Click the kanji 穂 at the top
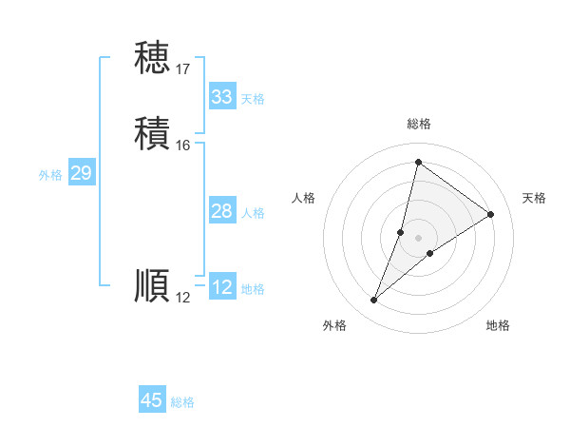[152, 58]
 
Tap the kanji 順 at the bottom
[152, 286]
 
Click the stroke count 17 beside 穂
[183, 69]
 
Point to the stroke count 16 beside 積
[183, 146]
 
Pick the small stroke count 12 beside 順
[183, 298]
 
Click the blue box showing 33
[221, 97]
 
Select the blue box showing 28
[221, 211]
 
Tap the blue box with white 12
[221, 287]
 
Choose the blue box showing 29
[81, 173]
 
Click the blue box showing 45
[152, 400]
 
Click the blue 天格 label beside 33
[253, 99]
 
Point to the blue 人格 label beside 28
[253, 213]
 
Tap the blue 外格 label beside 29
[50, 175]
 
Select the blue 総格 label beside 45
[182, 402]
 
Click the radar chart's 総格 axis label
[419, 124]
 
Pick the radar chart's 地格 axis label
[498, 326]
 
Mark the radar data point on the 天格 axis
[491, 214]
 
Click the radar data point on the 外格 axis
[374, 301]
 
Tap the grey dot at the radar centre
[419, 237]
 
